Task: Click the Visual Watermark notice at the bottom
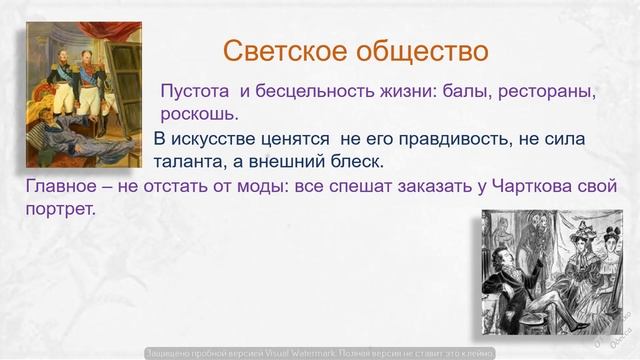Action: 320,352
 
